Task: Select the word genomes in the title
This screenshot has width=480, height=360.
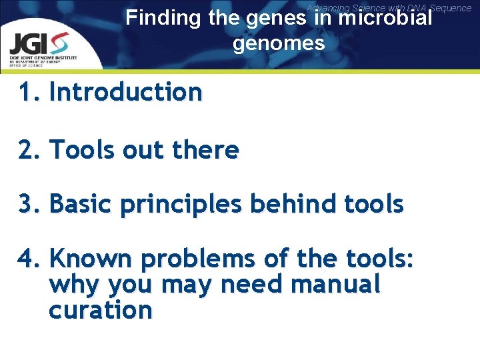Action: coord(279,44)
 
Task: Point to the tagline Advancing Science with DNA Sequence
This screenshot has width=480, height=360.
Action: coord(389,7)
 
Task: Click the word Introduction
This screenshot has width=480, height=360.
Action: coord(125,92)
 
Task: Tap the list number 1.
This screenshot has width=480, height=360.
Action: coord(27,92)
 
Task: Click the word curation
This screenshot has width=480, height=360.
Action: coord(100,310)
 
